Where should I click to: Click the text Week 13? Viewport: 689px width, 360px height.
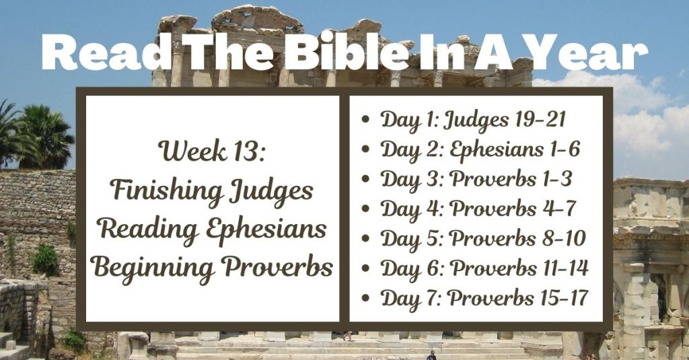[x=212, y=152]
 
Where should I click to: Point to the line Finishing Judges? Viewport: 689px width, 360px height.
[x=212, y=190]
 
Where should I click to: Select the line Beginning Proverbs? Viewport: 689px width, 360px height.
[x=212, y=267]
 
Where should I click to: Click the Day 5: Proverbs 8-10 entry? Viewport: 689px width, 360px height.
[x=482, y=238]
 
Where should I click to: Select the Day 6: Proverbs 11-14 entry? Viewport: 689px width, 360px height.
[x=484, y=268]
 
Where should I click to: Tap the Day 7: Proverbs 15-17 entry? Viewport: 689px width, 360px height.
[x=484, y=297]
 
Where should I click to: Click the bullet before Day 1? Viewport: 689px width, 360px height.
[x=365, y=121]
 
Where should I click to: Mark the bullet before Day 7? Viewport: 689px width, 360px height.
[x=365, y=299]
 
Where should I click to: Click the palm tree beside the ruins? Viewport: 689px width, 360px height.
[x=44, y=135]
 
